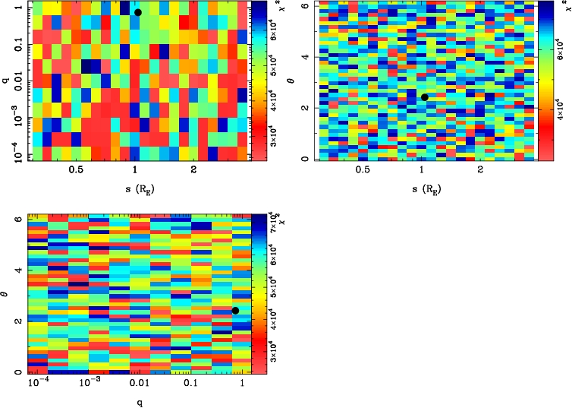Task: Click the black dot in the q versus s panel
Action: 137,12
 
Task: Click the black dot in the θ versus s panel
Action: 425,96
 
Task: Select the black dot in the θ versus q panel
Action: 235,310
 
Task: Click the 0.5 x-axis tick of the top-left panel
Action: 76,171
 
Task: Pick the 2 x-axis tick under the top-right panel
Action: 480,171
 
